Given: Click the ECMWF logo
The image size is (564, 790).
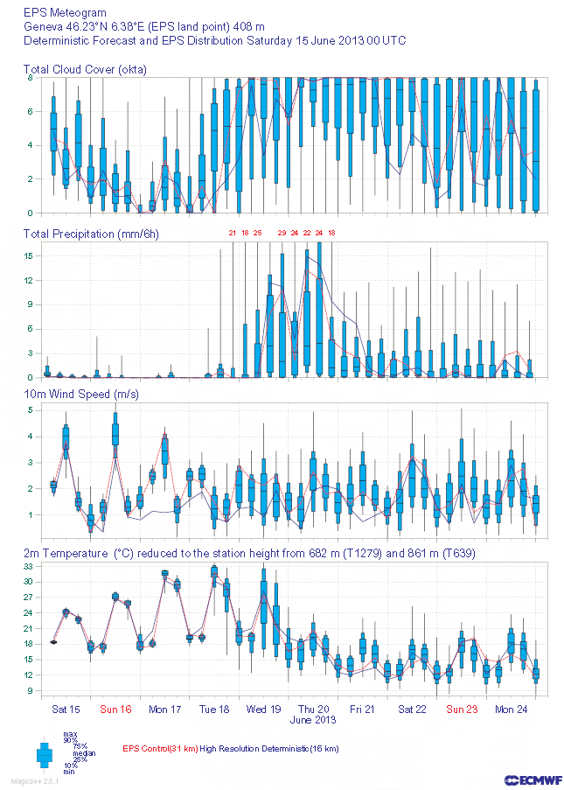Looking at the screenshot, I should tap(533, 780).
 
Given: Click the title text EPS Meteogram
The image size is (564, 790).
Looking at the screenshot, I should tap(66, 13).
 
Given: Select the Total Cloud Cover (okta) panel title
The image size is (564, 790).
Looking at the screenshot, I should tap(85, 69).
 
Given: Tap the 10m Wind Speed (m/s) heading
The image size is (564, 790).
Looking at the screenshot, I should tap(81, 395).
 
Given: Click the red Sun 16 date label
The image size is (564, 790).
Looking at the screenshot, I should tap(115, 709).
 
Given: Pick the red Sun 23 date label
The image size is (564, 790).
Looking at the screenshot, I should tap(463, 709).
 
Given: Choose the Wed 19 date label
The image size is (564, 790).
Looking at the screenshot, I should tap(263, 709).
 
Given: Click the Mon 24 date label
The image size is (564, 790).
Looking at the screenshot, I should tap(511, 709).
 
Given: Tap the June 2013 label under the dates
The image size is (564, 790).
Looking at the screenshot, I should tap(313, 720).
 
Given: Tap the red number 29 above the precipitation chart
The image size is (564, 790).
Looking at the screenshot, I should tap(282, 233).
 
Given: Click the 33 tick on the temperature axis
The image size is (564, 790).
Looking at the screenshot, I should tap(28, 567).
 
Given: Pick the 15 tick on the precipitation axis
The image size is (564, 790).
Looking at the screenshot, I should tap(28, 255).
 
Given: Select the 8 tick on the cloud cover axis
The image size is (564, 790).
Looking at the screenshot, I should tap(30, 78).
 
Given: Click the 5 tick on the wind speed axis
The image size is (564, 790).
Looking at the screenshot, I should tap(30, 409).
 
